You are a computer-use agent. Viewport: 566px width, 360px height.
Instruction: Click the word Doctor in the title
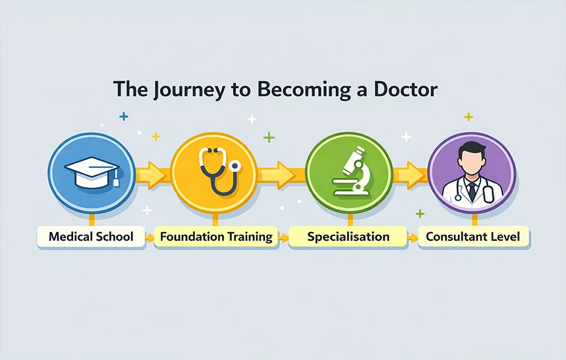pyautogui.click(x=406, y=89)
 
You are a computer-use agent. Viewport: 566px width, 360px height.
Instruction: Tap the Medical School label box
pyautogui.click(x=91, y=237)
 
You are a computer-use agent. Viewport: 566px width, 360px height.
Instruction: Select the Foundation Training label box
pyautogui.click(x=216, y=237)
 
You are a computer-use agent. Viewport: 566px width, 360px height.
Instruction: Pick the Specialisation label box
pyautogui.click(x=348, y=237)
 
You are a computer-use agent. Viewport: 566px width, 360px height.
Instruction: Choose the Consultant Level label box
pyautogui.click(x=473, y=237)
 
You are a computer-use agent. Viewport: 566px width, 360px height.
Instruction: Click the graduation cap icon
pyautogui.click(x=92, y=173)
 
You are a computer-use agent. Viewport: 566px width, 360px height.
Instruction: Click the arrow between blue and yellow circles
pyautogui.click(x=153, y=175)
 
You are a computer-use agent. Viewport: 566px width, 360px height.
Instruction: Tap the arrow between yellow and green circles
pyautogui.click(x=281, y=175)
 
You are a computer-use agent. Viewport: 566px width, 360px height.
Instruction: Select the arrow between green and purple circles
pyautogui.click(x=410, y=175)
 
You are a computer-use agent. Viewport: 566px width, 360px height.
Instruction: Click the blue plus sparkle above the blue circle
pyautogui.click(x=124, y=117)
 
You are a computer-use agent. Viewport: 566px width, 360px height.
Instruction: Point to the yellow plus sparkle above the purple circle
pyautogui.click(x=468, y=117)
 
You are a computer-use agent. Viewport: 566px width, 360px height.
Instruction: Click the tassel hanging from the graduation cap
pyautogui.click(x=116, y=179)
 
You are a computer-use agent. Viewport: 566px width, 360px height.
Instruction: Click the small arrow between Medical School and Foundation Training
pyautogui.click(x=150, y=237)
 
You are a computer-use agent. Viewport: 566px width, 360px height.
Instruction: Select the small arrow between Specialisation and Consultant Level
pyautogui.click(x=413, y=237)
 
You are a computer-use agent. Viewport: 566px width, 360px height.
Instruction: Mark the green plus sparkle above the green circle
pyautogui.click(x=269, y=137)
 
